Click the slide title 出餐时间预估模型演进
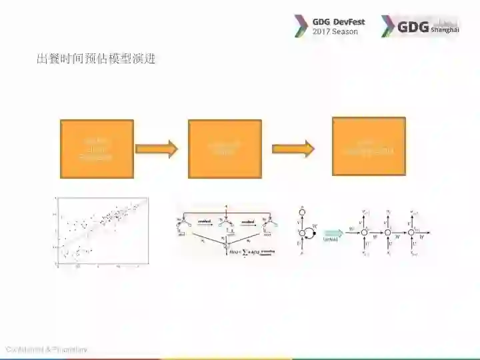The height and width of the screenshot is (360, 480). pyautogui.click(x=95, y=59)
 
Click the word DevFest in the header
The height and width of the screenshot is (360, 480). pyautogui.click(x=349, y=21)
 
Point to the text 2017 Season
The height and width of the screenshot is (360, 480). pyautogui.click(x=335, y=31)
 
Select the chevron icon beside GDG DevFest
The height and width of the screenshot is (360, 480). pyautogui.click(x=301, y=26)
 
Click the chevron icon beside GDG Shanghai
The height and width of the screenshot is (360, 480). pyautogui.click(x=387, y=26)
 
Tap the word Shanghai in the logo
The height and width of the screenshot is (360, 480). pyautogui.click(x=445, y=30)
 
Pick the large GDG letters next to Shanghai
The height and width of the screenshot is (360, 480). pyautogui.click(x=413, y=26)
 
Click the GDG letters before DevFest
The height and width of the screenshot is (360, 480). pyautogui.click(x=321, y=21)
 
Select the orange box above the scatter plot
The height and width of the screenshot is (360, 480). pyautogui.click(x=97, y=149)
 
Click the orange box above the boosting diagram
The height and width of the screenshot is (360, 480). pyautogui.click(x=225, y=149)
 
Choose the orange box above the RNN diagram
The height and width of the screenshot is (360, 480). pyautogui.click(x=369, y=147)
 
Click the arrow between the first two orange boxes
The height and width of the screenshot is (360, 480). pyautogui.click(x=161, y=149)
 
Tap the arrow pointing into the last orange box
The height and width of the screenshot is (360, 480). pyautogui.click(x=293, y=149)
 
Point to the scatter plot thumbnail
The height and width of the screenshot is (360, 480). pyautogui.click(x=101, y=232)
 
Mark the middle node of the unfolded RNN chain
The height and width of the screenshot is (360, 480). pyautogui.click(x=387, y=231)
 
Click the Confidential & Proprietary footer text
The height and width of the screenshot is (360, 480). pyautogui.click(x=46, y=350)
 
